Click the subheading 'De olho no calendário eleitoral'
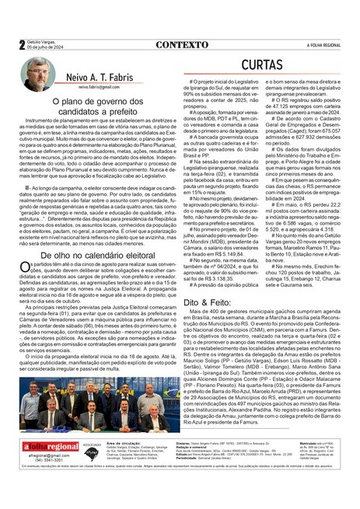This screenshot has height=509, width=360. pyautogui.click(x=96, y=254)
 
